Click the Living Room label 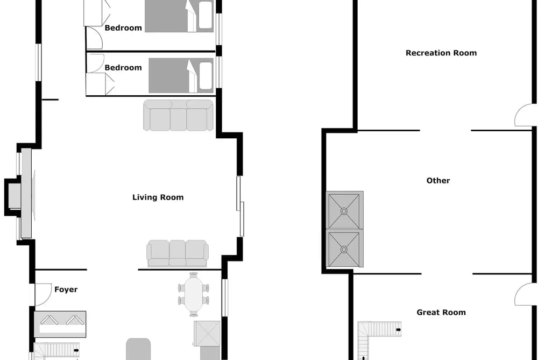[x=158, y=197]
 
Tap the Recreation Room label [x=441, y=53]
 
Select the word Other [x=438, y=180]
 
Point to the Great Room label [x=441, y=313]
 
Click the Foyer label [x=66, y=290]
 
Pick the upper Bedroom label [x=123, y=28]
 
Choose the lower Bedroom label [x=123, y=67]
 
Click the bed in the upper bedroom [x=179, y=16]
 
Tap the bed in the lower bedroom [x=181, y=75]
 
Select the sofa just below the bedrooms [x=178, y=115]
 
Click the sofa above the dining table [x=177, y=253]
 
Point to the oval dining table [x=194, y=294]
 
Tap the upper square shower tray [x=344, y=210]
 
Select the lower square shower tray [x=344, y=249]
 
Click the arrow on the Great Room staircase [x=398, y=329]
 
